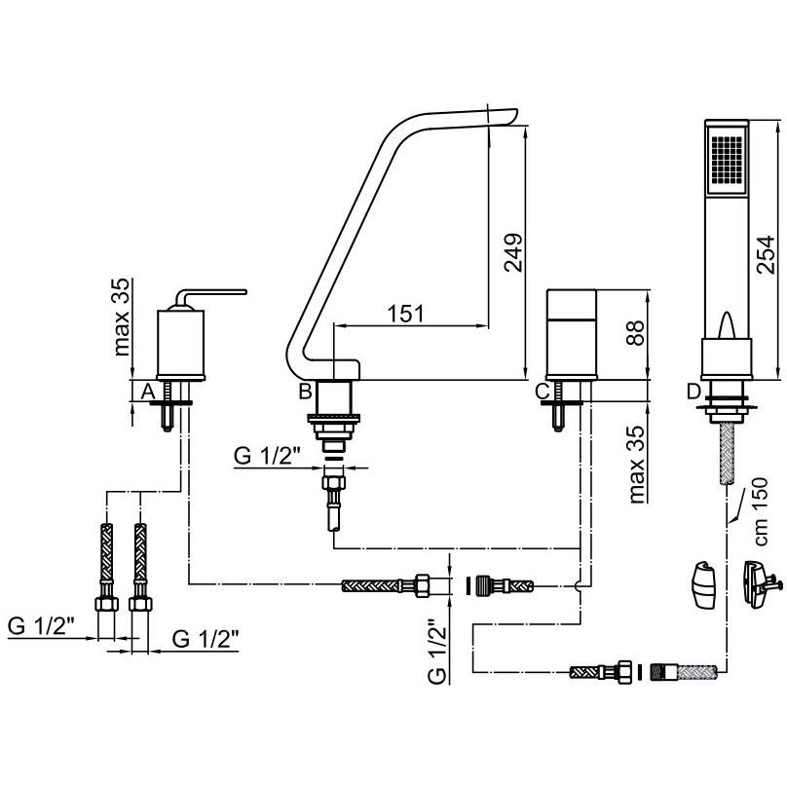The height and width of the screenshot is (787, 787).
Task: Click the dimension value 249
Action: tap(513, 252)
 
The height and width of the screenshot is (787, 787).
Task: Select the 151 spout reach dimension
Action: tap(405, 314)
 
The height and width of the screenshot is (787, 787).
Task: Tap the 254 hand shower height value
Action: tap(766, 254)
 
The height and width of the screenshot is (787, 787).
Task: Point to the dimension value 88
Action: tap(635, 333)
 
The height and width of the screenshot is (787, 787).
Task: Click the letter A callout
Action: tap(148, 391)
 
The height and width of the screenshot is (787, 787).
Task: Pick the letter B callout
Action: tap(305, 391)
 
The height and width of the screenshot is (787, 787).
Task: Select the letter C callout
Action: tap(543, 391)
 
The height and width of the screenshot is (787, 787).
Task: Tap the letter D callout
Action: tap(693, 391)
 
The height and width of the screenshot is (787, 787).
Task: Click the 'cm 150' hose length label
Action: tap(761, 511)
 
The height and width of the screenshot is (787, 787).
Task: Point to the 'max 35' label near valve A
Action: tap(121, 318)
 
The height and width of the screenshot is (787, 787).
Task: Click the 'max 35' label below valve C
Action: tap(636, 465)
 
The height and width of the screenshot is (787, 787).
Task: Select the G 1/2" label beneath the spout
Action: tap(267, 456)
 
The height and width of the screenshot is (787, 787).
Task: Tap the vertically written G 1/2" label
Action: tap(437, 652)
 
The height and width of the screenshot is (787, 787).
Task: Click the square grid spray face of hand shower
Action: tap(726, 159)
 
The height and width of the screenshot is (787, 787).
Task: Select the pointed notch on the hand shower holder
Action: tap(727, 325)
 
